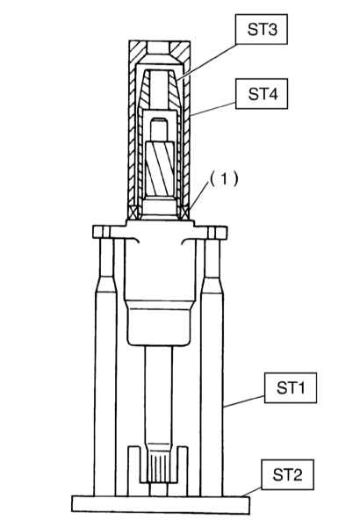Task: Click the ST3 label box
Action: point(262,29)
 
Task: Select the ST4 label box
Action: point(262,94)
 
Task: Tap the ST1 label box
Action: point(291,387)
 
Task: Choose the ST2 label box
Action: point(287,474)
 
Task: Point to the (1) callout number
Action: point(224,179)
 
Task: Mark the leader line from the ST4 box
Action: point(212,109)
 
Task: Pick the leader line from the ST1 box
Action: point(244,401)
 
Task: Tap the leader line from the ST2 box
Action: point(251,492)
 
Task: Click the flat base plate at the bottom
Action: point(161,504)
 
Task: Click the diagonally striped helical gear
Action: point(160,169)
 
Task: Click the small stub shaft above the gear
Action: point(159,129)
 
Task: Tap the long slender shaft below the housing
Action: point(159,397)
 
